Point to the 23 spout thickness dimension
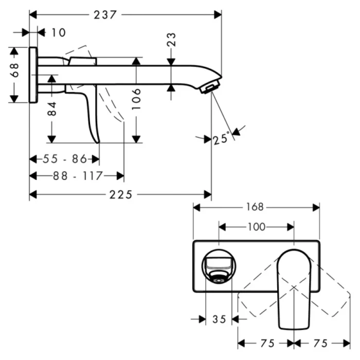[172, 40]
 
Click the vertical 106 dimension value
[136, 99]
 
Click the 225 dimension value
[121, 194]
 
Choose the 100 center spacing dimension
[256, 226]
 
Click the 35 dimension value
[219, 319]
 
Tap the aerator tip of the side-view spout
[209, 87]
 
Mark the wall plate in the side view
[33, 75]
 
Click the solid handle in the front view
[293, 288]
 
